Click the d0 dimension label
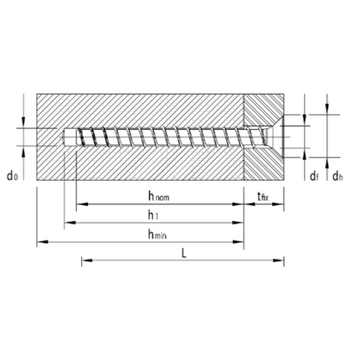click(12, 175)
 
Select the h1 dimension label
click(153, 215)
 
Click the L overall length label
click(183, 254)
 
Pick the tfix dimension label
click(264, 197)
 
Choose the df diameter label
click(312, 175)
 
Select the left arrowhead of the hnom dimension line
click(80, 204)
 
